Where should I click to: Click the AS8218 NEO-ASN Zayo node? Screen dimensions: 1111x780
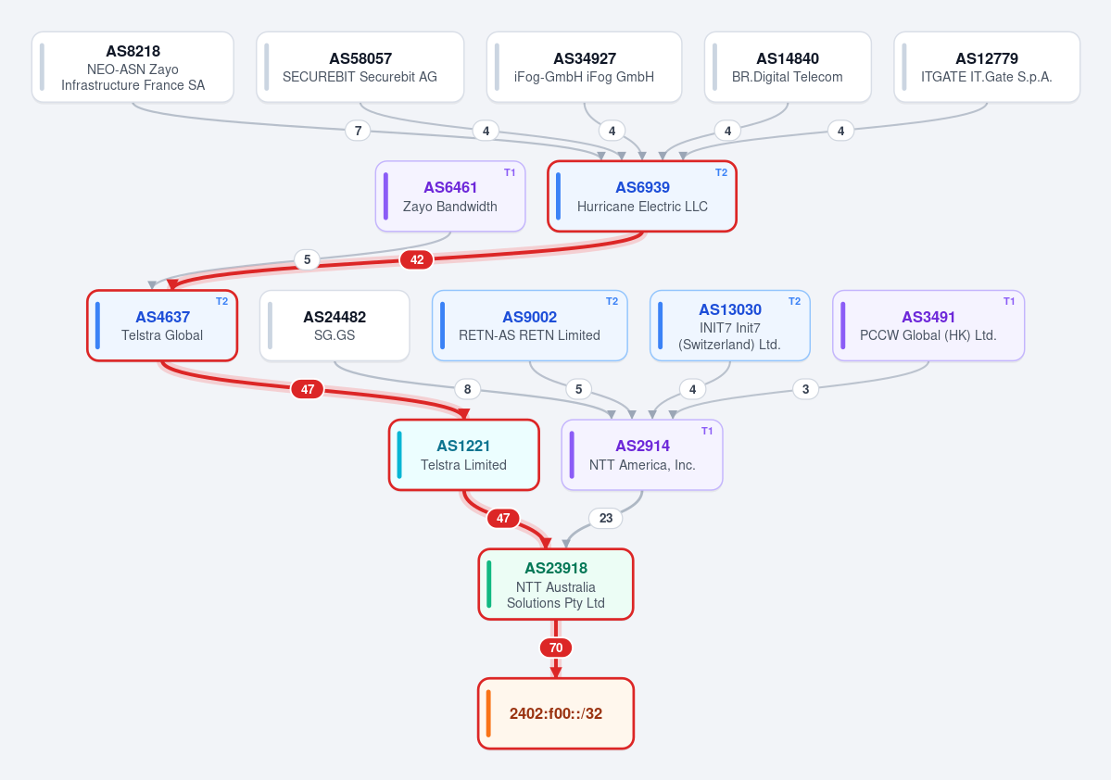click(133, 68)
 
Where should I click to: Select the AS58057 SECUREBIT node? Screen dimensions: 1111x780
click(360, 68)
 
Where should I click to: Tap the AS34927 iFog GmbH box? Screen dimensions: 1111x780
click(584, 68)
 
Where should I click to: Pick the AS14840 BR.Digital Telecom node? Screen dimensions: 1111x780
click(788, 68)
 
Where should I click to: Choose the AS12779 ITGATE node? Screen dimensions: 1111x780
click(987, 68)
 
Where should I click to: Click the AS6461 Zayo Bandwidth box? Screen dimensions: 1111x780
click(450, 196)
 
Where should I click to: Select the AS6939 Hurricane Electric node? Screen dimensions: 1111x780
click(642, 196)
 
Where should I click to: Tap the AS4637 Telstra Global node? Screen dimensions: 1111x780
click(162, 326)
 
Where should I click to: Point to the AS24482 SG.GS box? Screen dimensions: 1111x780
click(335, 326)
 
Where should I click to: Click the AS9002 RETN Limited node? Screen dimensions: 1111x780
click(529, 326)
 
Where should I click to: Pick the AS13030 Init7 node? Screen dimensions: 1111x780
click(730, 326)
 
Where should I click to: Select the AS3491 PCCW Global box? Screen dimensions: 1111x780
click(928, 326)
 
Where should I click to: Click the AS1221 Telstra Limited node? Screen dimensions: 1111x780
click(464, 455)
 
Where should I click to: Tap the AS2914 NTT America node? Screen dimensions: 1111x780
click(642, 455)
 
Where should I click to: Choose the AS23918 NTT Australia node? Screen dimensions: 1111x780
click(556, 585)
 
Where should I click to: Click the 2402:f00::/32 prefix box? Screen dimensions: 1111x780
click(556, 713)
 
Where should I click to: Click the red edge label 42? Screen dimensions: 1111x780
click(417, 260)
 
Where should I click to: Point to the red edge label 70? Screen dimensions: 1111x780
click(556, 648)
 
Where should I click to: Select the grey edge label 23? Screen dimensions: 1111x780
click(606, 518)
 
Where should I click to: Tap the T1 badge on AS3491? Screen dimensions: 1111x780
click(1009, 302)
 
